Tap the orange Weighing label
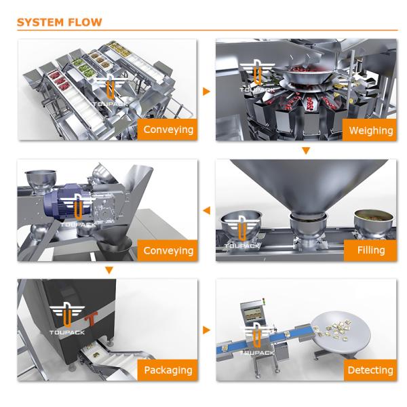click(370, 130)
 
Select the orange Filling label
click(370, 250)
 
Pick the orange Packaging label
click(168, 370)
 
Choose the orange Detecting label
click(370, 370)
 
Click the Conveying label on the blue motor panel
click(168, 250)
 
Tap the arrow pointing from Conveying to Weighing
click(206, 91)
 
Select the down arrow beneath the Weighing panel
click(306, 151)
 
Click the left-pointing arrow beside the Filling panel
click(206, 210)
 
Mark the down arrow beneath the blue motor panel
click(109, 271)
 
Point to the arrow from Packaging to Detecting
click(206, 330)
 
